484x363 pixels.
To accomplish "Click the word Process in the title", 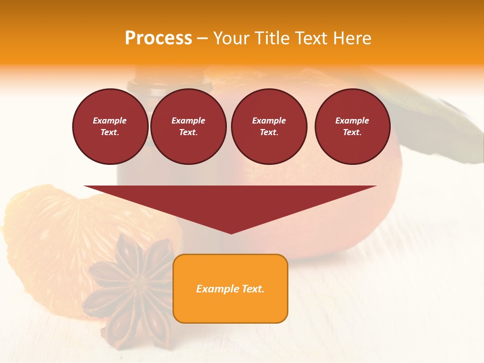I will (x=158, y=38).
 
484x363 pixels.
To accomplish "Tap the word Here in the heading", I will (x=351, y=38).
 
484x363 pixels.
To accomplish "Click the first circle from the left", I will (x=110, y=126).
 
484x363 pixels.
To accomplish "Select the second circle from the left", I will (x=188, y=126).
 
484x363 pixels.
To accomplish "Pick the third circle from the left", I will (x=269, y=126).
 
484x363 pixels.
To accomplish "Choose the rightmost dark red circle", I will (x=352, y=126).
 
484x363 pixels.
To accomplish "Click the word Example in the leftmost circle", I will (x=110, y=120).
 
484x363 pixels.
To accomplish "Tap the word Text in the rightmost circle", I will (x=352, y=132).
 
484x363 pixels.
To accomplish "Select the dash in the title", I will (x=202, y=38).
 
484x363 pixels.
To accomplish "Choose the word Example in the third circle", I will (x=269, y=120).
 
